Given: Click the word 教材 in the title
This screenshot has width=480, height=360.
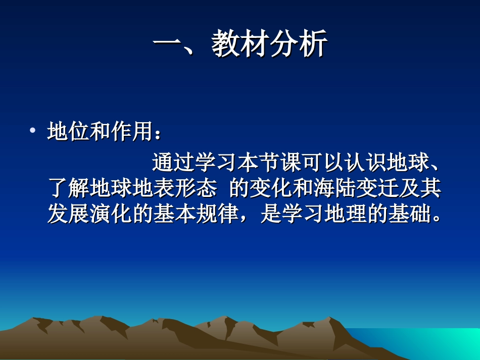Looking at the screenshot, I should pos(239,44).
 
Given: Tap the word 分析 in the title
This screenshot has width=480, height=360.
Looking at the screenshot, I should pos(298,44).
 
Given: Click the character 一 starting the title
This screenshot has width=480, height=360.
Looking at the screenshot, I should pos(167,44).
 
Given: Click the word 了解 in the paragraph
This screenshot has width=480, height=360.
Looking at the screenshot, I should pos(68,189).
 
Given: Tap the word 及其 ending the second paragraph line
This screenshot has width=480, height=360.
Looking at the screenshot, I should pos(420,189).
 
